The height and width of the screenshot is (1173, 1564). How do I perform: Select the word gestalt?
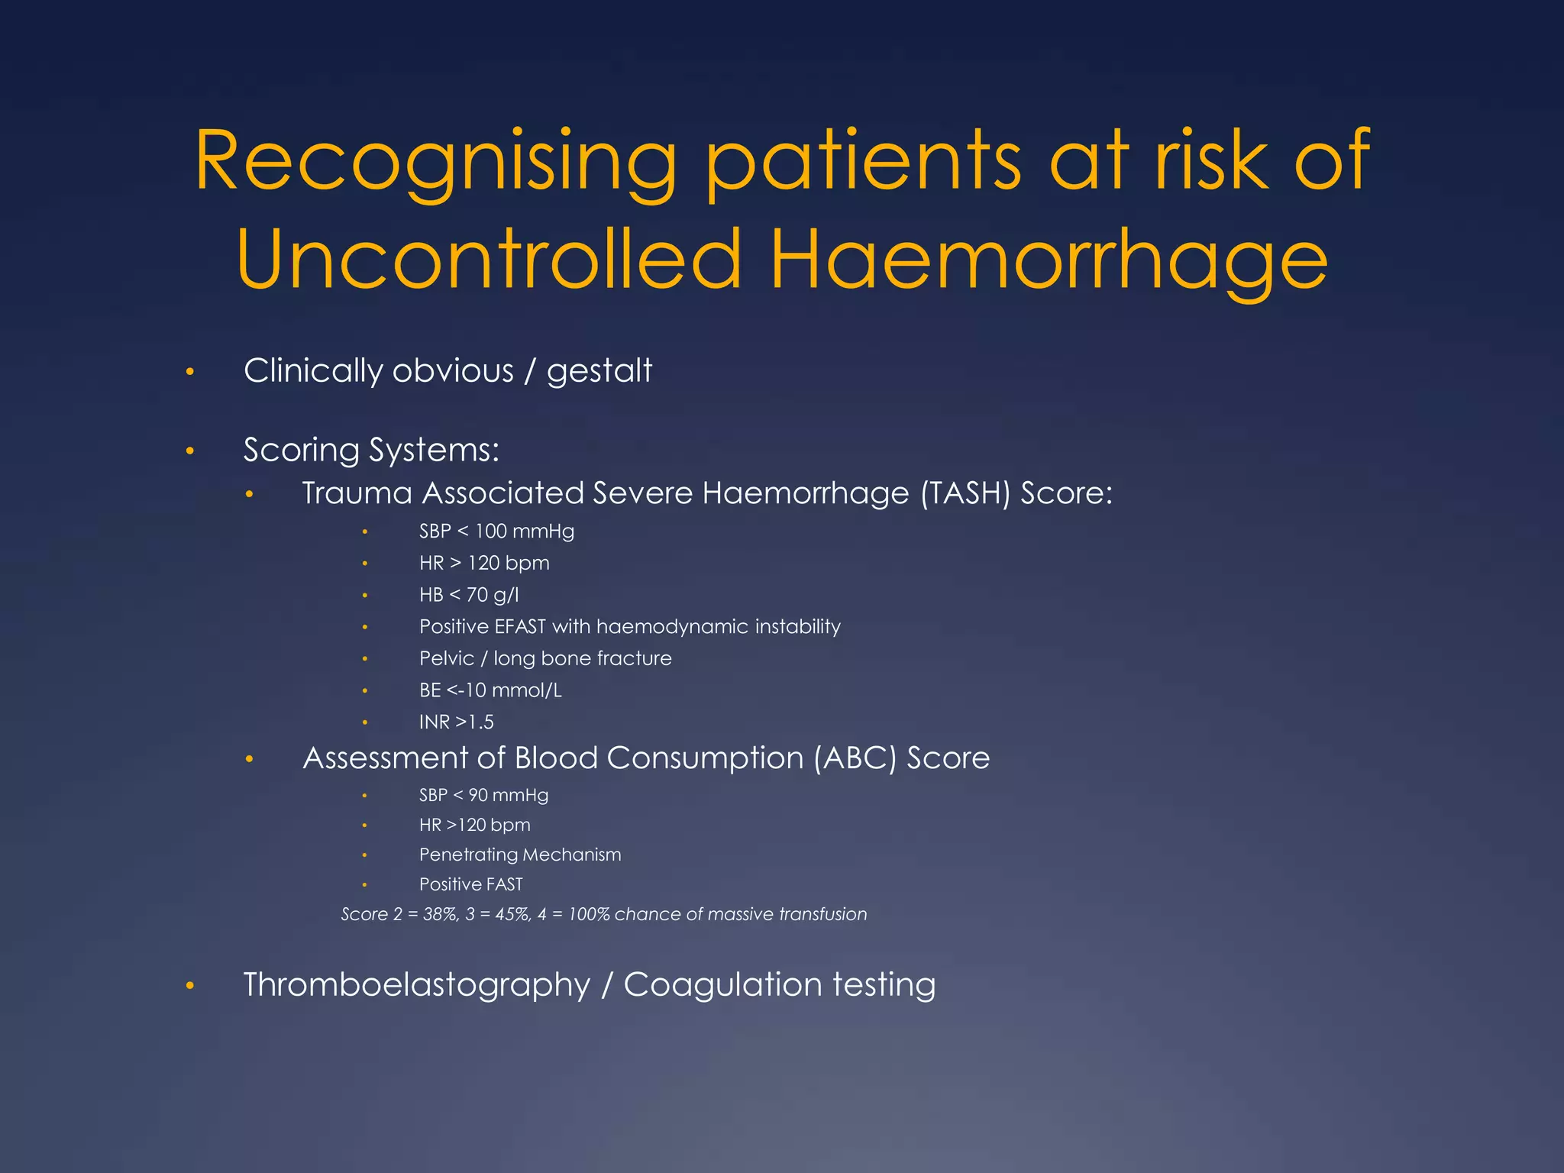[599, 371]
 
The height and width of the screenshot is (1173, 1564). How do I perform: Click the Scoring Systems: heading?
[371, 450]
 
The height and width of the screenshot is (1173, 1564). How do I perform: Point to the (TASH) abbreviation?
[965, 493]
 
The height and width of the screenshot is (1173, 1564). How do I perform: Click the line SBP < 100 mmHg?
[496, 532]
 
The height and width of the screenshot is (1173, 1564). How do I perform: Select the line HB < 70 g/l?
[468, 595]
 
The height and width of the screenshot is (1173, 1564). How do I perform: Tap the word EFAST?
[519, 627]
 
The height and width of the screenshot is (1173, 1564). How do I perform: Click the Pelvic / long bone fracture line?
[545, 658]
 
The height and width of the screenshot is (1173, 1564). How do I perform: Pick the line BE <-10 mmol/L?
[490, 690]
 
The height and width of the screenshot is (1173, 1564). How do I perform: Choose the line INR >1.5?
[456, 722]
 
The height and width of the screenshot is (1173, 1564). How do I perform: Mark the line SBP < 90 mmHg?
[483, 796]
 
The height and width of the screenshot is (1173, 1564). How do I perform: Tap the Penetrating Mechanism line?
[520, 855]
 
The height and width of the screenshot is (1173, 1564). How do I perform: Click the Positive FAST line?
[470, 884]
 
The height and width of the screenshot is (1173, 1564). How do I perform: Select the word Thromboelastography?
[416, 984]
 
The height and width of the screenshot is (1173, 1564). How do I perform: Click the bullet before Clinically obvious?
[190, 373]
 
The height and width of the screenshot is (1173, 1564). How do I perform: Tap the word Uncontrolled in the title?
[489, 260]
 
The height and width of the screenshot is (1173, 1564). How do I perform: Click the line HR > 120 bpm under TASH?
[484, 564]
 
